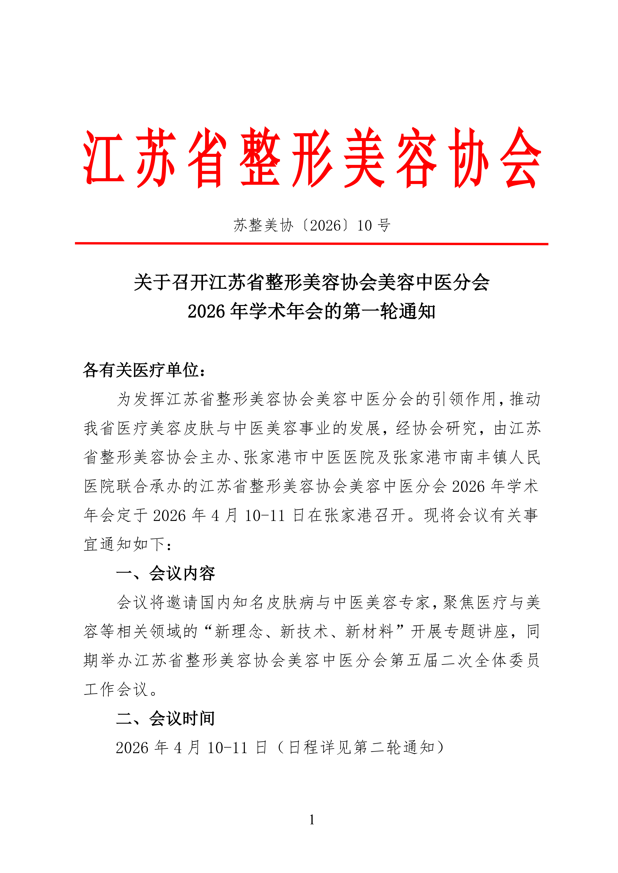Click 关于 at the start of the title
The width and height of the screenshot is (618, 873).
tap(152, 283)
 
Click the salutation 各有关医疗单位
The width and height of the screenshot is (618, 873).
tap(141, 370)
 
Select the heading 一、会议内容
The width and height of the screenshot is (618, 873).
tap(165, 573)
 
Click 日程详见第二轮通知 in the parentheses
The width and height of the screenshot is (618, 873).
tap(361, 747)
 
